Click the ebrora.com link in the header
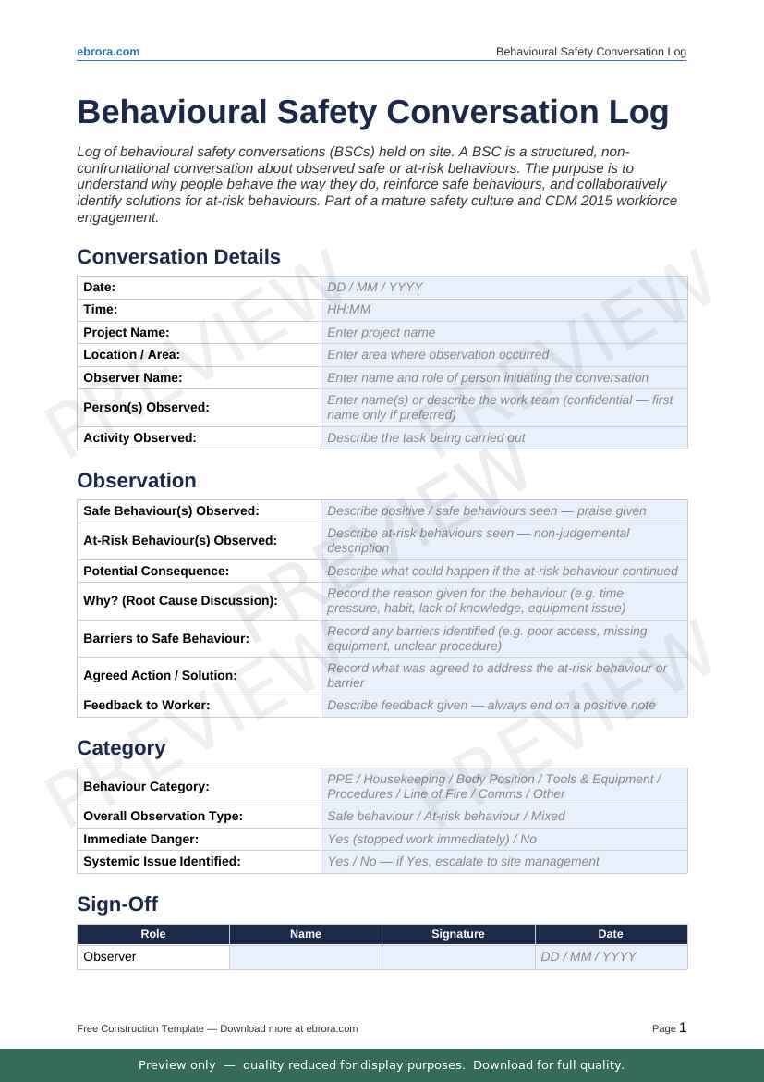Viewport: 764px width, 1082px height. coord(108,52)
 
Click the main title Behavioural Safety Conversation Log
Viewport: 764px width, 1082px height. coord(372,112)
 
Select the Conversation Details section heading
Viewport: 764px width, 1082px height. coord(178,257)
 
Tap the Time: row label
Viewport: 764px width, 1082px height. coord(101,310)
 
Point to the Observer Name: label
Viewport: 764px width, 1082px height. coord(133,377)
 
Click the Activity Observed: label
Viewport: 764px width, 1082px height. coord(139,437)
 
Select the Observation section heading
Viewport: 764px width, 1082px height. coord(137,481)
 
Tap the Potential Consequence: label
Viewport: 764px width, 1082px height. coord(156,571)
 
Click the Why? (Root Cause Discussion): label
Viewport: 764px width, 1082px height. coord(180,601)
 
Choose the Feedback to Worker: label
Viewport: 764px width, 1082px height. coord(146,705)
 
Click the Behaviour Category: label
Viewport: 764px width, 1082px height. coord(146,786)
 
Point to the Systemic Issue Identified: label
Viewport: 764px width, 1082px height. coord(162,861)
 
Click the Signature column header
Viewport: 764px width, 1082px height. coord(458,934)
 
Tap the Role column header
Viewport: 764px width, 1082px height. coord(153,934)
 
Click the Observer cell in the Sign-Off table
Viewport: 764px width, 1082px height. coord(110,957)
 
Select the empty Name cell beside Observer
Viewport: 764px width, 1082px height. coord(306,957)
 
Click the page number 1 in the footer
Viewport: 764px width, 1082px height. coord(683,1027)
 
